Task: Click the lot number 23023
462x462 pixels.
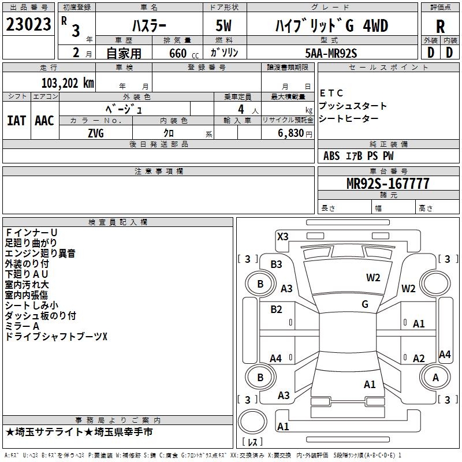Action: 29,25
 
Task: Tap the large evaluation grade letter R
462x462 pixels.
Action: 440,27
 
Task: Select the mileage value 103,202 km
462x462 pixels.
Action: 68,83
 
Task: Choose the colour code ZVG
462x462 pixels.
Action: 96,133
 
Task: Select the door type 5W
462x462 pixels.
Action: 225,27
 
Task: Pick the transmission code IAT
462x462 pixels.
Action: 16,120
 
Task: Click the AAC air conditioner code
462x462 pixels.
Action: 44,120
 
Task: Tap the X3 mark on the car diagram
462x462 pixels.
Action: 283,236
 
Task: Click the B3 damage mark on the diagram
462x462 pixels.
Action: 276,264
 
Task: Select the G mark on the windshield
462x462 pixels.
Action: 365,304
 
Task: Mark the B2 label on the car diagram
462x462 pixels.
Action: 276,309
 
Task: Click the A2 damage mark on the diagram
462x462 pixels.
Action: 419,358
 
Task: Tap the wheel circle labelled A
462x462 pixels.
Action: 435,378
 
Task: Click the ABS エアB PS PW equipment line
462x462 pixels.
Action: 358,155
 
